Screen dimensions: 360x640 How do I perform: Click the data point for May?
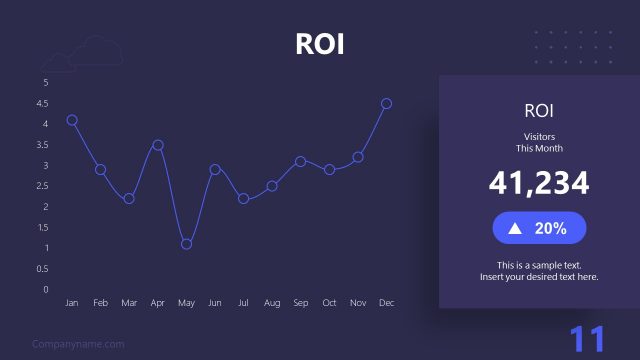tap(186, 244)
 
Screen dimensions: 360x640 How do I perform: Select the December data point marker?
tap(386, 103)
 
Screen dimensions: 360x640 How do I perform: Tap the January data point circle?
tap(72, 120)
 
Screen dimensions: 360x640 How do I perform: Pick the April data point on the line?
tap(158, 145)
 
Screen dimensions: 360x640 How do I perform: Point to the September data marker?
tap(300, 161)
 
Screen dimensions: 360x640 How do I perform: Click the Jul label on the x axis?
tap(243, 302)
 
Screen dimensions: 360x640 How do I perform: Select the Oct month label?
tap(329, 302)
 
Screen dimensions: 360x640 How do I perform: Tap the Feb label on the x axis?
tap(100, 302)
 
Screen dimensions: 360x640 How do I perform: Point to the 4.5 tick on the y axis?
tap(42, 103)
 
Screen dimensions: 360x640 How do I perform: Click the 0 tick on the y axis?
tap(45, 290)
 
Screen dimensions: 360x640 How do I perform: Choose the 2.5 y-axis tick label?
tap(42, 186)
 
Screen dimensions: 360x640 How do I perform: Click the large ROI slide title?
tap(320, 44)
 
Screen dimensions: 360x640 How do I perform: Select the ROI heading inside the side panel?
tap(539, 110)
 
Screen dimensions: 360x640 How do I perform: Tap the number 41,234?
tap(539, 183)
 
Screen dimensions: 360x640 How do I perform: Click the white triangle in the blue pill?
tap(515, 228)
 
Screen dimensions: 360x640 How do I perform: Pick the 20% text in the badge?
tap(551, 228)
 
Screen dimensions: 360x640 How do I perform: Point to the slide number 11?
tap(588, 339)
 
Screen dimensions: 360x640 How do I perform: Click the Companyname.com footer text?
tap(78, 344)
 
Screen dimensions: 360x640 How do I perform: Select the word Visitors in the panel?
tap(539, 136)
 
